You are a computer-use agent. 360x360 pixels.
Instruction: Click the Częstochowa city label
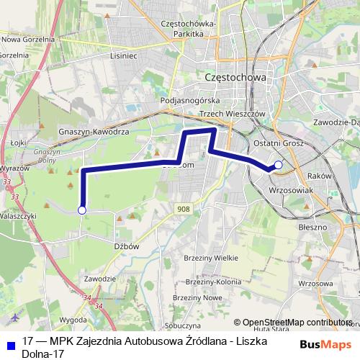pos(235,77)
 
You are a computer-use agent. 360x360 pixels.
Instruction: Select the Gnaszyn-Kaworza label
pos(94,133)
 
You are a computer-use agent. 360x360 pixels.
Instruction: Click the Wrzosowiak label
pos(288,190)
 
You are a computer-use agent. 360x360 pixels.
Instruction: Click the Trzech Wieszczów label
pos(233,114)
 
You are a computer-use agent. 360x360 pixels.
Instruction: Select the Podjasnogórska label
pos(189,101)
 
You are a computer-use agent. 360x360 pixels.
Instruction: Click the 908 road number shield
pos(184,208)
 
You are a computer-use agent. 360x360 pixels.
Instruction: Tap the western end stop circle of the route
pos(82,210)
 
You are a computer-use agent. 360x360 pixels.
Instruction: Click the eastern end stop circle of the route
pos(279,165)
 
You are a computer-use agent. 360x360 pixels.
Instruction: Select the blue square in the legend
pos(9,342)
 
